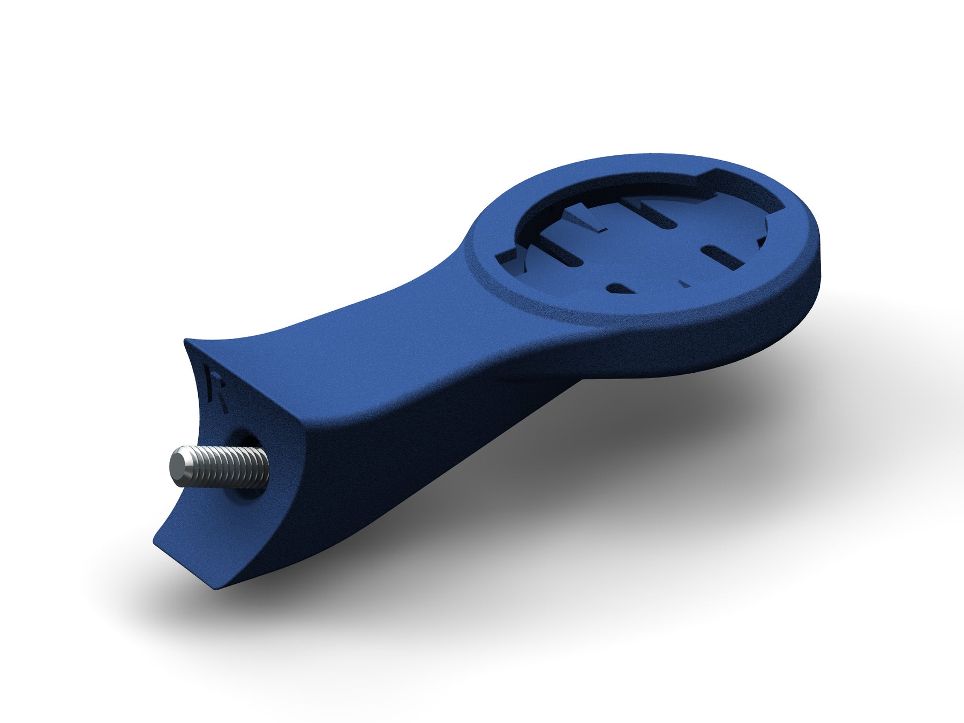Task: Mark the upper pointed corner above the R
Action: click(185, 339)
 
